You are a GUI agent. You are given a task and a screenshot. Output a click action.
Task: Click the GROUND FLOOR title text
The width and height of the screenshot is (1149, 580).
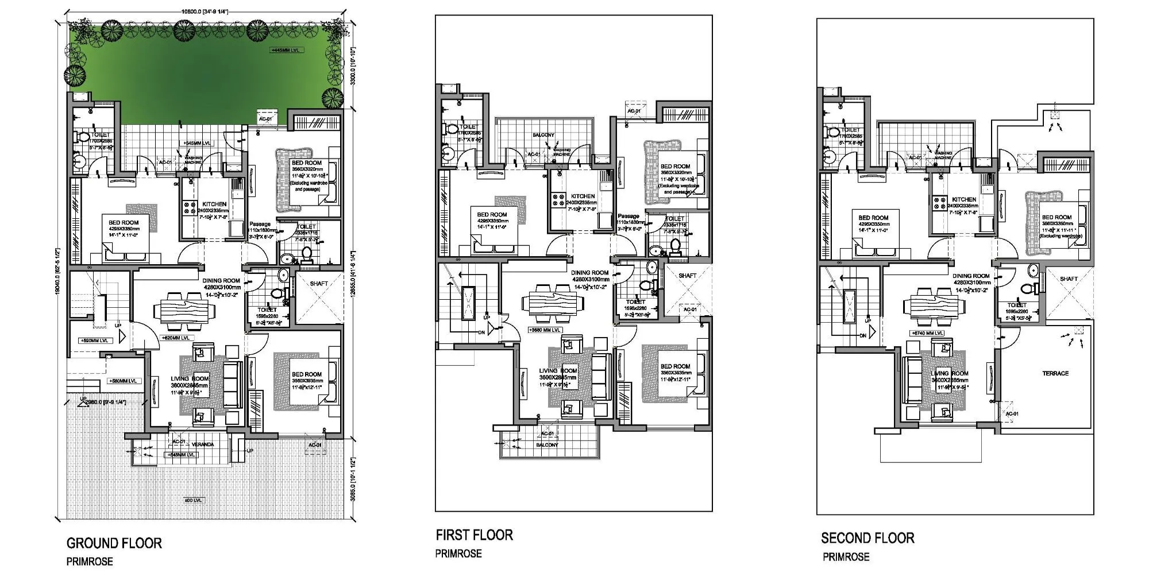114,543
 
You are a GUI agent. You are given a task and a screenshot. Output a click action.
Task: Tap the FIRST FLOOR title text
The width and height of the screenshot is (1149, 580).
474,535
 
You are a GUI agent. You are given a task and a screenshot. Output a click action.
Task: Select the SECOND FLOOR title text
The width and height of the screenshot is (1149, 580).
867,538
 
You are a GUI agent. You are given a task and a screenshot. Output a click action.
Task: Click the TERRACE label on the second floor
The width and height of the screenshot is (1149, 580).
1055,373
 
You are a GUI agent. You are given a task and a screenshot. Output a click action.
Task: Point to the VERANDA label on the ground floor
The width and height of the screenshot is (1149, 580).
202,444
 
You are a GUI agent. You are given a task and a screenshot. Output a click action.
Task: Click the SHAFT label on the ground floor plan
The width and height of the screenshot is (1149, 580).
319,284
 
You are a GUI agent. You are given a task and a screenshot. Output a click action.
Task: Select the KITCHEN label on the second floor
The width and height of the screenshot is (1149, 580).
963,199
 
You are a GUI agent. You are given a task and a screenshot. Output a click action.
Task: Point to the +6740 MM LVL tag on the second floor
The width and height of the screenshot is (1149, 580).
927,333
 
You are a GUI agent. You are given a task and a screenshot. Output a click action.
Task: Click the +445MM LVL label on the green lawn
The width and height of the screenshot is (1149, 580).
287,51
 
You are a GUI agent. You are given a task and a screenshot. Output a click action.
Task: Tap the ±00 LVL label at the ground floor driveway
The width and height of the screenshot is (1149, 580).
193,500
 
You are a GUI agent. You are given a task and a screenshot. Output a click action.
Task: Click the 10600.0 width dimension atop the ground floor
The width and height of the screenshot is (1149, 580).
205,11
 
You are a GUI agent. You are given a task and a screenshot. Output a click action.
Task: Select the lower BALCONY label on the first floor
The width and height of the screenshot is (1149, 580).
547,445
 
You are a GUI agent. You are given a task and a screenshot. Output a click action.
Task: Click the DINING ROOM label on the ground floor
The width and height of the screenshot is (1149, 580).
221,281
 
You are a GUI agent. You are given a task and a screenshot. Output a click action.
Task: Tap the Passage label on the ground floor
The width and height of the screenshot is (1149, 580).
260,225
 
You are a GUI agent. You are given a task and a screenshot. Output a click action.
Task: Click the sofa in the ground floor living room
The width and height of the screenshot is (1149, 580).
232,385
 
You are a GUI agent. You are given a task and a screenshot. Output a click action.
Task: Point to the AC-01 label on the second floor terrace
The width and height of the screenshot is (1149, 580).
1012,413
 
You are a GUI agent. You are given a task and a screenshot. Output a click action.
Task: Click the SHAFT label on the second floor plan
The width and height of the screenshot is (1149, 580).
1069,279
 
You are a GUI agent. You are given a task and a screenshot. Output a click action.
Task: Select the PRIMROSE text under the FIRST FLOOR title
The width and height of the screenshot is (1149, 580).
458,554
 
